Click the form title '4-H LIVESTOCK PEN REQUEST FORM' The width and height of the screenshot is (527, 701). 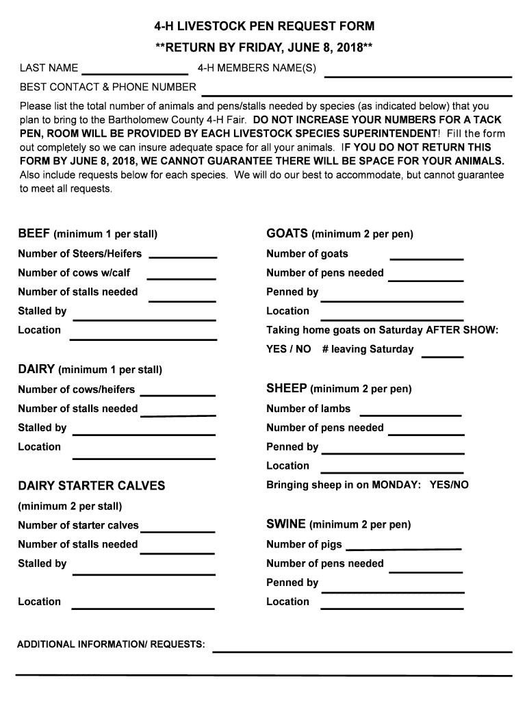click(x=263, y=27)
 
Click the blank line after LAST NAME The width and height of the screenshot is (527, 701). click(x=135, y=71)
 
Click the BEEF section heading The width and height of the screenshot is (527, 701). click(x=34, y=233)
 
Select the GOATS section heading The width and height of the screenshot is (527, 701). click(x=287, y=233)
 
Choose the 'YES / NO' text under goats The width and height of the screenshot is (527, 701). click(x=288, y=349)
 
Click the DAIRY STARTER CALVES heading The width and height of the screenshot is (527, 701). click(x=92, y=485)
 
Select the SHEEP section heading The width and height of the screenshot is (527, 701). click(x=286, y=388)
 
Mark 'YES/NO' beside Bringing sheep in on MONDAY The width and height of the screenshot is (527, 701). click(x=449, y=485)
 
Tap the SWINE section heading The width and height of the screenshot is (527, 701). click(x=285, y=524)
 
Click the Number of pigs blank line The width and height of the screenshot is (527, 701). click(x=403, y=548)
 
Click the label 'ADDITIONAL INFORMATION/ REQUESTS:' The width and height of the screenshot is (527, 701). click(x=111, y=644)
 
